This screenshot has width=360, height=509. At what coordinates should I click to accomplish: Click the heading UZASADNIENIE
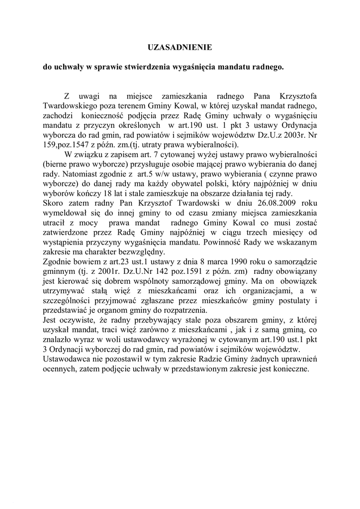tap(180, 47)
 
